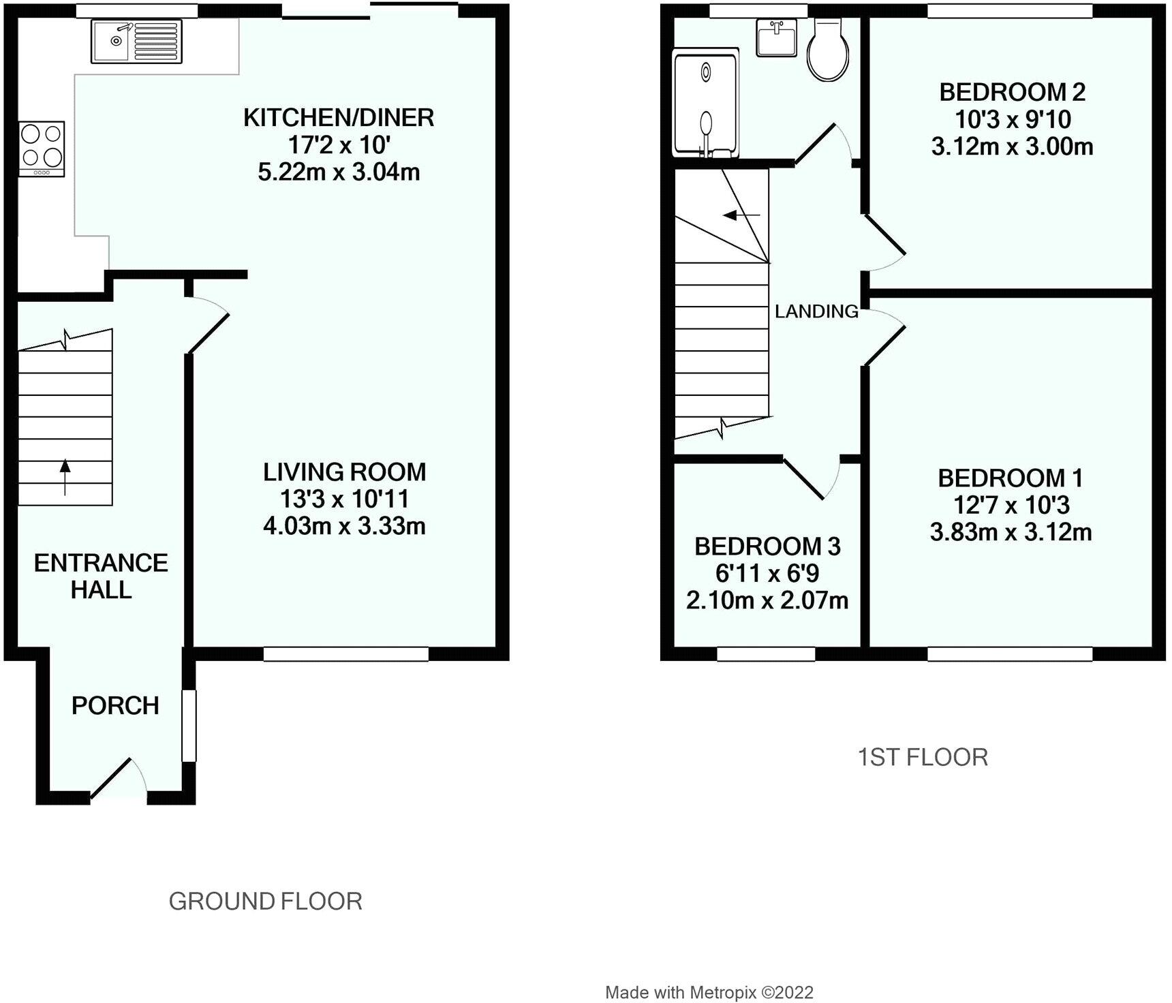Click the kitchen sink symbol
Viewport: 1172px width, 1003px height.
coord(136,42)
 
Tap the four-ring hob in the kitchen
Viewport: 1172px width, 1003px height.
coord(42,149)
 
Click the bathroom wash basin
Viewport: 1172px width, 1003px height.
coord(777,38)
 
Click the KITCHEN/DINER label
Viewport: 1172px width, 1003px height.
coord(339,118)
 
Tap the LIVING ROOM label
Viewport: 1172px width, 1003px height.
coord(345,472)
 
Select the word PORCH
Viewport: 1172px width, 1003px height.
coord(115,706)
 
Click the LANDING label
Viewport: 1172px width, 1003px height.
coord(816,311)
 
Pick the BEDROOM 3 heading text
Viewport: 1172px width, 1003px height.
coord(767,546)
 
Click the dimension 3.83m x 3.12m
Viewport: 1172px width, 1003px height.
coord(1011,532)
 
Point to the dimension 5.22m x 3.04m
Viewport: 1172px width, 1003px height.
coord(339,172)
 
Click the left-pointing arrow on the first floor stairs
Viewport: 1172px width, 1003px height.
coord(741,216)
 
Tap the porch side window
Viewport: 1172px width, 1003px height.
coord(189,726)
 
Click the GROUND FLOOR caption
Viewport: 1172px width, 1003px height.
coord(265,901)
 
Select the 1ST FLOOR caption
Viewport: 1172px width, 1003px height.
coord(923,757)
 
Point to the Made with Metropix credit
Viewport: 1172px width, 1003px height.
coord(709,993)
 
